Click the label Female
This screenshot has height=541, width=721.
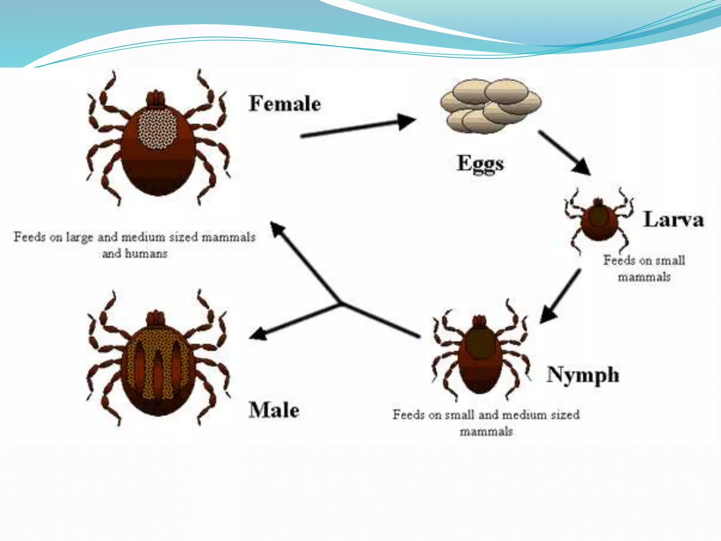click(x=285, y=104)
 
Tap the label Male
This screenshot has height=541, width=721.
click(x=274, y=410)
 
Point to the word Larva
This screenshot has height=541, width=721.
click(x=673, y=220)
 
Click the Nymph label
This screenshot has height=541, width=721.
click(x=583, y=375)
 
